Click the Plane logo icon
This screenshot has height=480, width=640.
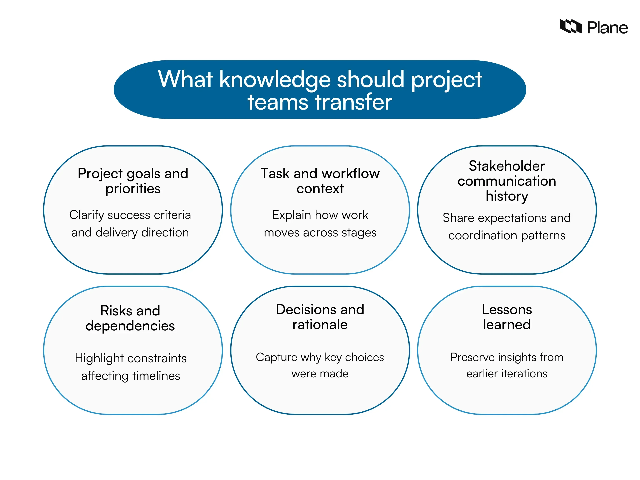click(x=570, y=27)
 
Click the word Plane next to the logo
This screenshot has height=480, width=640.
click(x=607, y=28)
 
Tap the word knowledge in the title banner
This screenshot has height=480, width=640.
click(x=275, y=80)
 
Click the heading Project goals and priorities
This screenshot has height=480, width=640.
click(x=133, y=181)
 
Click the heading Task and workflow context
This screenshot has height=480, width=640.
click(x=320, y=181)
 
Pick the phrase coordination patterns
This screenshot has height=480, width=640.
click(x=507, y=235)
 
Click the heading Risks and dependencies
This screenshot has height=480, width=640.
click(x=130, y=318)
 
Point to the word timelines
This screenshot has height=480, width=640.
click(x=156, y=376)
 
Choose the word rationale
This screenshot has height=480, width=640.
click(x=320, y=325)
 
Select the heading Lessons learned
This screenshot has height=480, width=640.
click(x=507, y=317)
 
